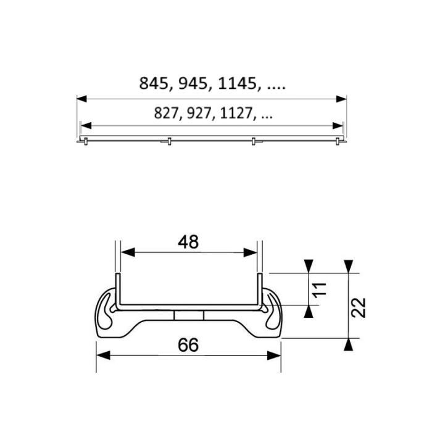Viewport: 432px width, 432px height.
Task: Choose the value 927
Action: (x=199, y=114)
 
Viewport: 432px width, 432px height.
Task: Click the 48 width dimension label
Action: (x=188, y=243)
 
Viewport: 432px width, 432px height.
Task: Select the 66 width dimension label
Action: (x=188, y=346)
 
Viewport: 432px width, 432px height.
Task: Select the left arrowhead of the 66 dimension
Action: (x=102, y=355)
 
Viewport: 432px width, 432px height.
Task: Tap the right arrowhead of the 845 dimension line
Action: (x=341, y=98)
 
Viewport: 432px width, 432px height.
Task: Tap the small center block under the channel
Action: (x=188, y=315)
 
